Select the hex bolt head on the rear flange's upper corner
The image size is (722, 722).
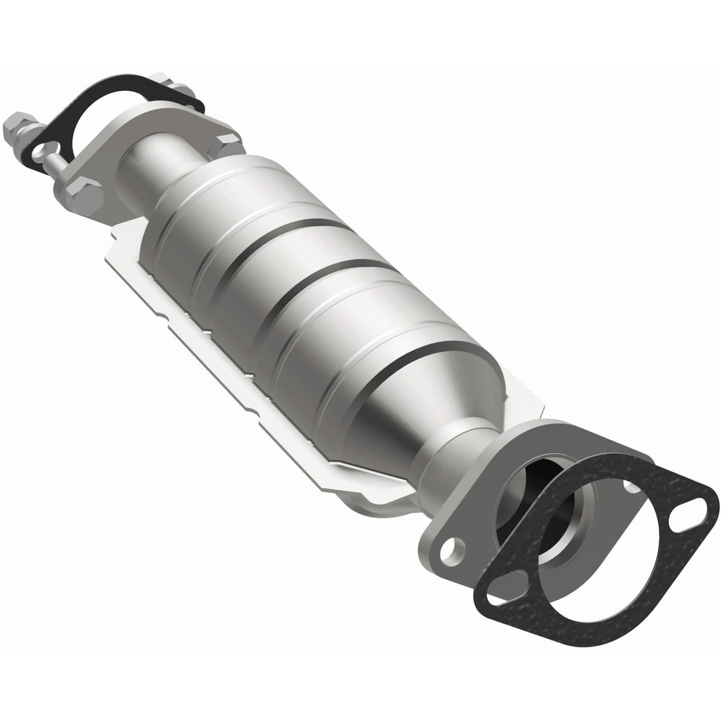click(228, 146)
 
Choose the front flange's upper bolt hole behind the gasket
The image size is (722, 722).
click(631, 485)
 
